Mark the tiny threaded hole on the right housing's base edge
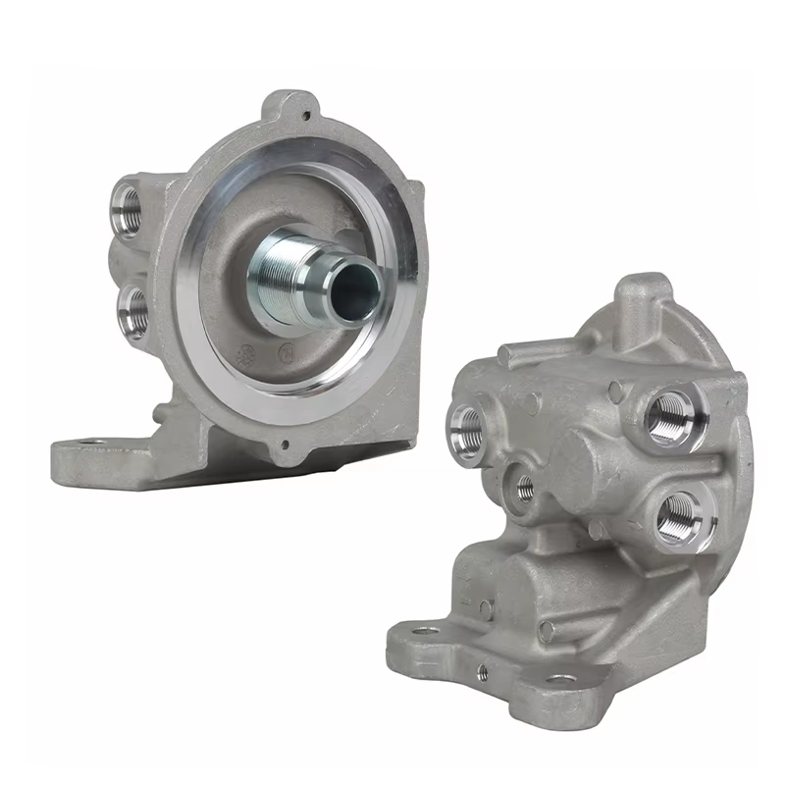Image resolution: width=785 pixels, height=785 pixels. coord(482,670)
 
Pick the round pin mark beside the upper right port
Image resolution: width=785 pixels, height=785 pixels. coord(615,391)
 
